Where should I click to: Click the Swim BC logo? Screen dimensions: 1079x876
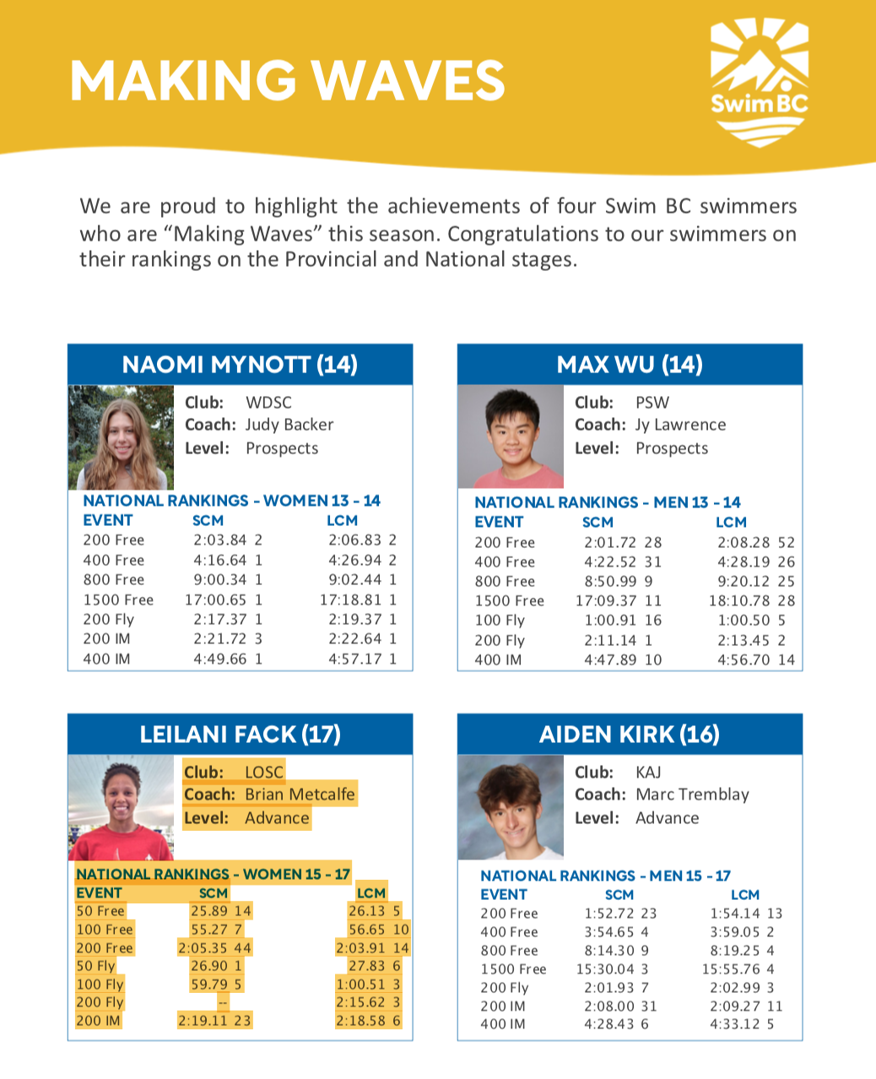point(759,81)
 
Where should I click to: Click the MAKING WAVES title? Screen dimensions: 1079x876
point(287,81)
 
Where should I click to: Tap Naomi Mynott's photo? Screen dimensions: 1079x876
point(122,437)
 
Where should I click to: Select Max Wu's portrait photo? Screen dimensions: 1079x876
point(511,437)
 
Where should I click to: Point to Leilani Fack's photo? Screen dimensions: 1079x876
point(120,807)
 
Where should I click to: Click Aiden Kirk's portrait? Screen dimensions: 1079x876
point(511,807)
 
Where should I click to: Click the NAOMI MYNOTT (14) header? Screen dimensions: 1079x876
point(240,365)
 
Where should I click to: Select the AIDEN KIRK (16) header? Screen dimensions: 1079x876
point(630,735)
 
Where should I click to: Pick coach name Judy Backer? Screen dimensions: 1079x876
point(289,425)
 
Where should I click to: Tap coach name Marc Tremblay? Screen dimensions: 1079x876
point(692,794)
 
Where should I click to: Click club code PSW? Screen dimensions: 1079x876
point(652,403)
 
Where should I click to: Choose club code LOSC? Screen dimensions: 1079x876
point(264,772)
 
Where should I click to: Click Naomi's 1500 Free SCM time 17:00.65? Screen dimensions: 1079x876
point(216,599)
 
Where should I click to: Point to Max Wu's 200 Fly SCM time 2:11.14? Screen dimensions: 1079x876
point(610,640)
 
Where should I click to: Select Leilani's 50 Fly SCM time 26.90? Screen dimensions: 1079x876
point(209,966)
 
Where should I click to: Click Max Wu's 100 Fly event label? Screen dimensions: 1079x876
point(500,621)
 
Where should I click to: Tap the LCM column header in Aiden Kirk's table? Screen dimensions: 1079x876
point(745,895)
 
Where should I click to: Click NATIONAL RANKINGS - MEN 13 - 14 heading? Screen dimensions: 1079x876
point(608,502)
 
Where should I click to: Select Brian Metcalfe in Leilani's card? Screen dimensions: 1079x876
point(300,794)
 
